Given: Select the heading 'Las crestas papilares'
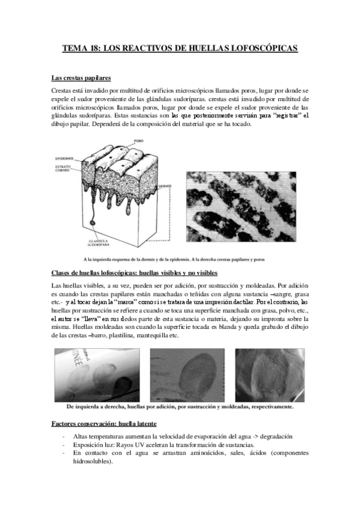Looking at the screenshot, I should [81, 78].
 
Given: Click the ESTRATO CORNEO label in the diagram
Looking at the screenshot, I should [64, 168].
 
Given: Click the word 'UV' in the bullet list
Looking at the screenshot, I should [136, 445].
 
